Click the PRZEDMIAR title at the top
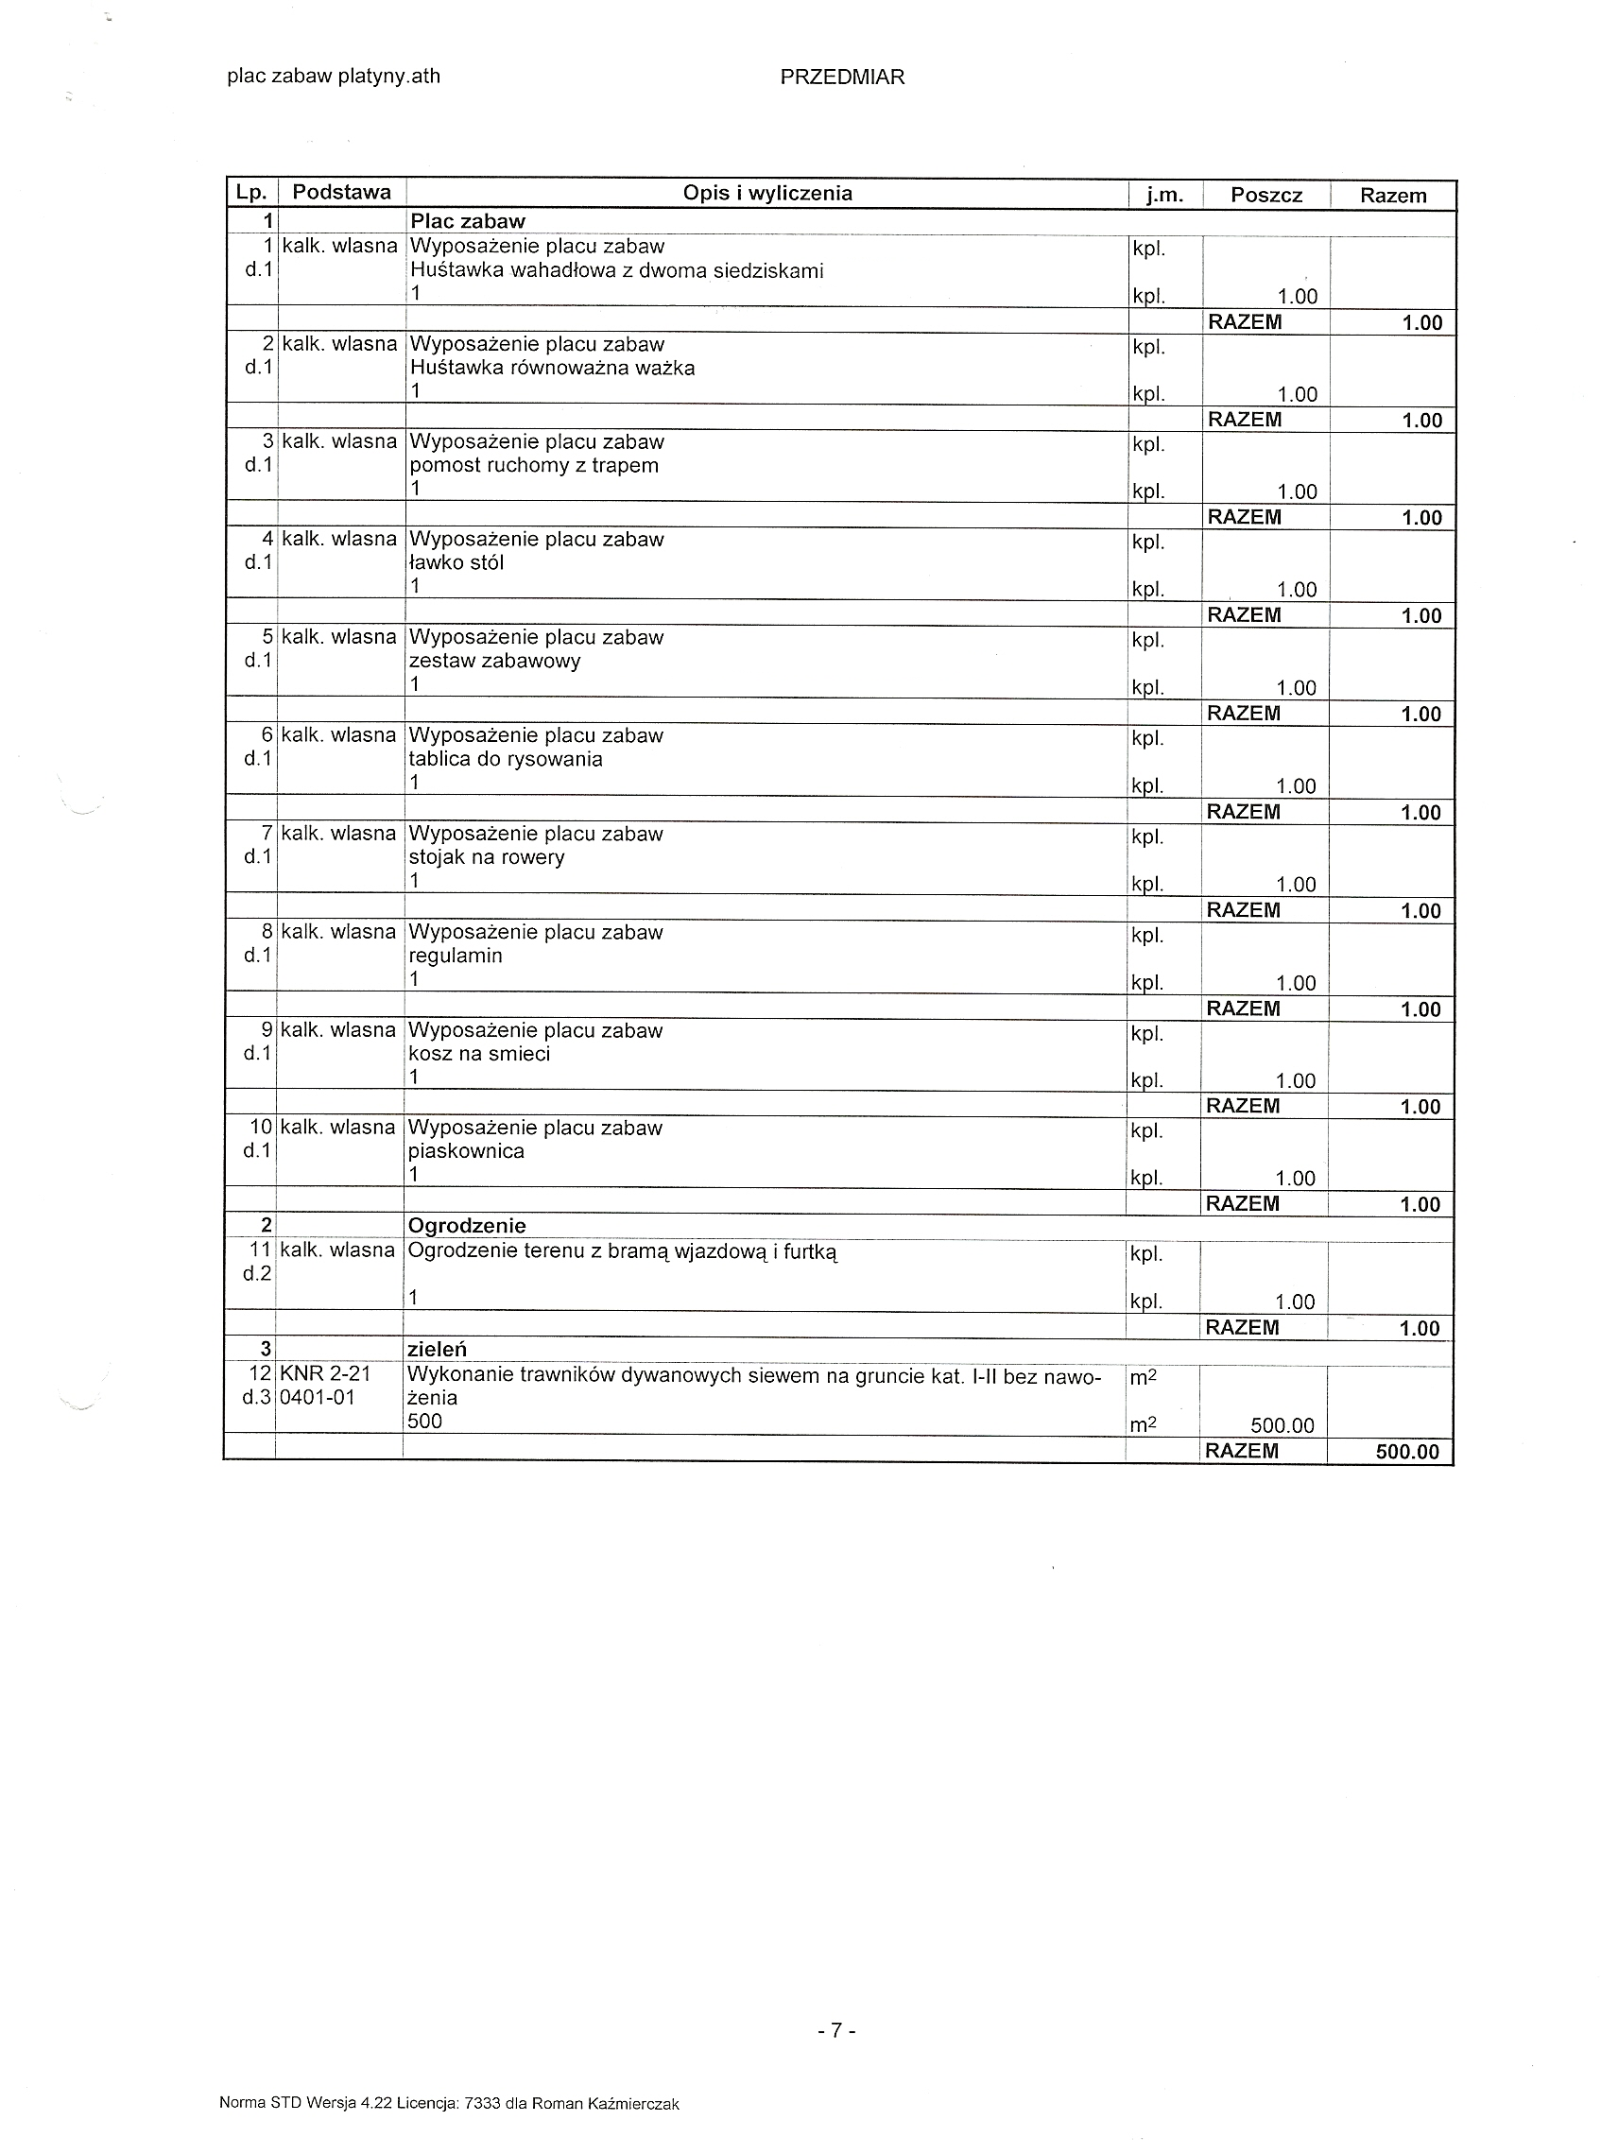[841, 78]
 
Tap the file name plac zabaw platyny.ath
[334, 77]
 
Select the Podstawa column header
[341, 192]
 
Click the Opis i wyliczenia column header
[766, 193]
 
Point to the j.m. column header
[1164, 195]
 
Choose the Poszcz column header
[1265, 195]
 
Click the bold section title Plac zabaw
[467, 221]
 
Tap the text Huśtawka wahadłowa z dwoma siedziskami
[616, 270]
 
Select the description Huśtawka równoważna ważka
[551, 369]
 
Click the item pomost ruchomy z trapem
[533, 465]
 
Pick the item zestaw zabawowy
[494, 661]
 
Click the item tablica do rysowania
[505, 759]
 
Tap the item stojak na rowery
[486, 857]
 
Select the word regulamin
[455, 956]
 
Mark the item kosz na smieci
[479, 1053]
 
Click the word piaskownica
[465, 1151]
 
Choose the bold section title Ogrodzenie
[466, 1226]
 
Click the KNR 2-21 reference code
[325, 1374]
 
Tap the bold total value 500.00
[1407, 1452]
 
